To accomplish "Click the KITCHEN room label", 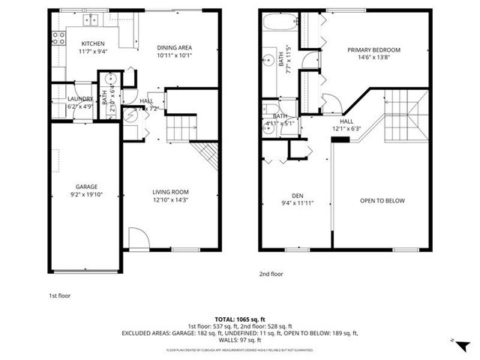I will pyautogui.click(x=93, y=43).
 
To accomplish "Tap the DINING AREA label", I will pyautogui.click(x=175, y=46).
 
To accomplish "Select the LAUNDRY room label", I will pyautogui.click(x=80, y=99).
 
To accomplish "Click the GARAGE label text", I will pyautogui.click(x=85, y=187).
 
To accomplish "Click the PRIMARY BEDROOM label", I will pyautogui.click(x=373, y=50).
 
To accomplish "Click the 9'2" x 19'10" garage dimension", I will pyautogui.click(x=85, y=195).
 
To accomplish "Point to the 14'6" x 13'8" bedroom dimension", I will pyautogui.click(x=373, y=58).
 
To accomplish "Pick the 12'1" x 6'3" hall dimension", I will pyautogui.click(x=346, y=128).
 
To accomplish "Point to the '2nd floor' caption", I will pyautogui.click(x=271, y=274).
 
